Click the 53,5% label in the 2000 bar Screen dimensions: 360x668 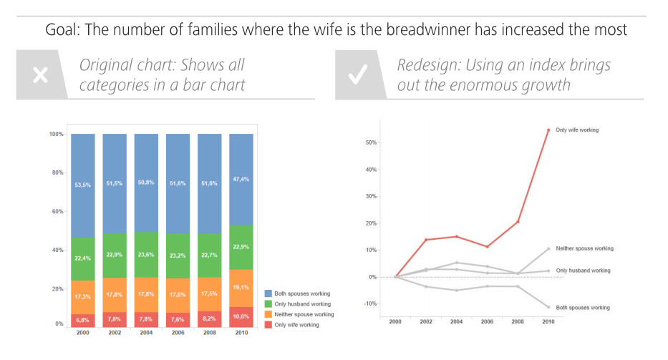click(82, 185)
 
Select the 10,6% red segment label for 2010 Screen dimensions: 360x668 click(241, 315)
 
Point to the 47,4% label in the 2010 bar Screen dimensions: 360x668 click(241, 180)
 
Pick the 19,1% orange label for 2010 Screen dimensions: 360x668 click(241, 287)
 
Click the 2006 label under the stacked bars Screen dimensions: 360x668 click(178, 334)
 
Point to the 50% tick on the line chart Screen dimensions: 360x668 click(371, 142)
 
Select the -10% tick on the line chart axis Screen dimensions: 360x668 click(370, 303)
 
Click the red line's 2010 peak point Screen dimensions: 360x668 click(548, 130)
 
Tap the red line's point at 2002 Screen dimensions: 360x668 click(426, 240)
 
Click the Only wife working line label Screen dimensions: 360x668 click(577, 130)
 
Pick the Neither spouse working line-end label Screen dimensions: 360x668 click(584, 248)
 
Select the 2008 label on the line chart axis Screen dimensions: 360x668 click(518, 322)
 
